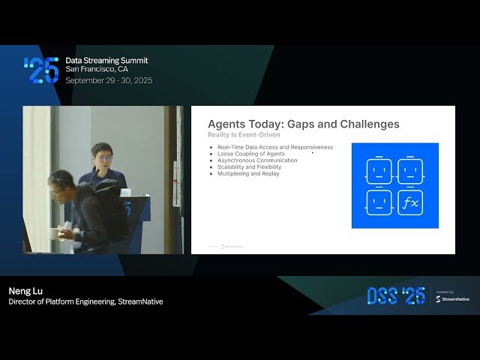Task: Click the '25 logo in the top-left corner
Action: (41, 69)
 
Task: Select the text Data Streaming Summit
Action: (106, 60)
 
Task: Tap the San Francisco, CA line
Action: (97, 69)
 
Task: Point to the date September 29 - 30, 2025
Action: (109, 79)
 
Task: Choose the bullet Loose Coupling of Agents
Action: (251, 154)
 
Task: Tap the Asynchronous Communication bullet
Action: (257, 160)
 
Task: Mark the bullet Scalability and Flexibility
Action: (250, 166)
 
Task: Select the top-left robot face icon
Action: (379, 171)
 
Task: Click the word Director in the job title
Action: (23, 301)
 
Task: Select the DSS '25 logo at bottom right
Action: (396, 295)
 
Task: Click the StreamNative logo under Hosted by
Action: (453, 298)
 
